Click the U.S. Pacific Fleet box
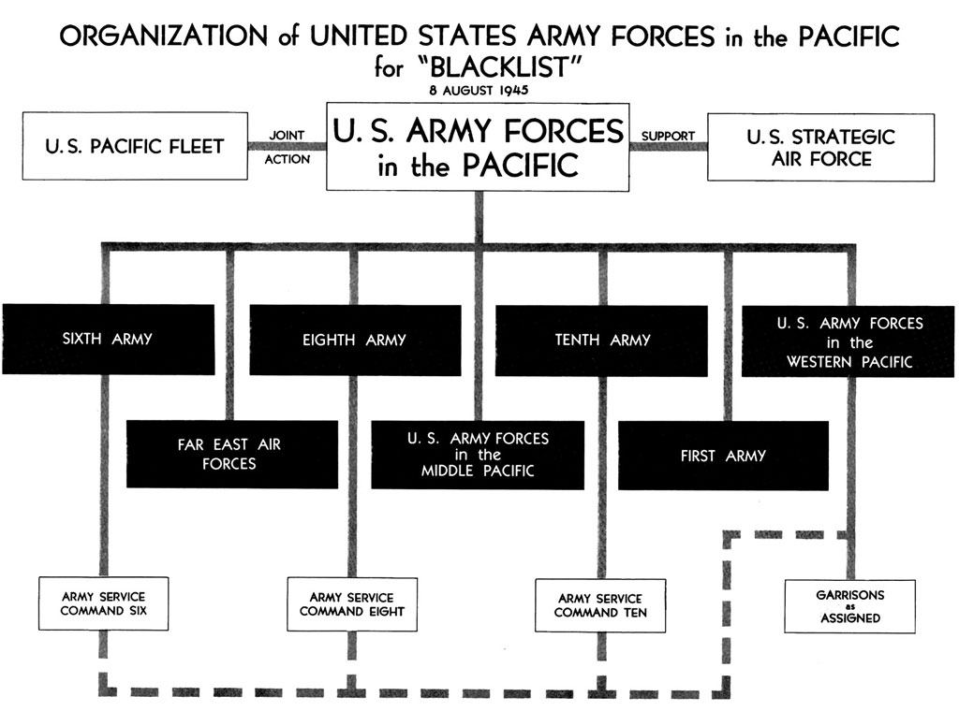(x=135, y=146)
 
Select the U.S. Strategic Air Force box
(x=820, y=147)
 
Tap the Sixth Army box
(x=109, y=339)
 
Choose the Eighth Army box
(x=355, y=341)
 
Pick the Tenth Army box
(x=601, y=341)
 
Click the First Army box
(x=723, y=456)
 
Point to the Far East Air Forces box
(x=232, y=454)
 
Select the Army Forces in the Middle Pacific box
(x=478, y=455)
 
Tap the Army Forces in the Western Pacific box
(x=848, y=341)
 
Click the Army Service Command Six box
(x=103, y=603)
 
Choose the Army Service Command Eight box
(x=352, y=604)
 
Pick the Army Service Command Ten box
(x=600, y=605)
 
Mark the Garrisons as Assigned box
(x=850, y=606)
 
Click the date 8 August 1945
(x=479, y=91)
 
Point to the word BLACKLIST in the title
(x=501, y=66)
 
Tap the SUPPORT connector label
(x=668, y=136)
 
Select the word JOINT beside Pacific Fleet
(x=287, y=135)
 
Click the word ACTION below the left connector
(x=287, y=159)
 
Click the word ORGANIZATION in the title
(x=163, y=36)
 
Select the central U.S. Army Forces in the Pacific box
(x=478, y=147)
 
